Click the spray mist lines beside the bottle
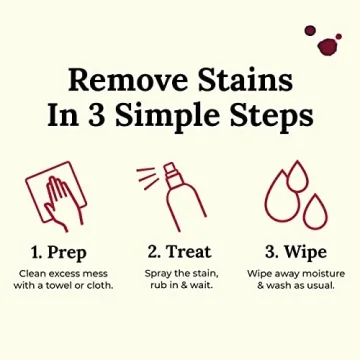coord(148,179)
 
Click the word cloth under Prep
coord(99,285)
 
